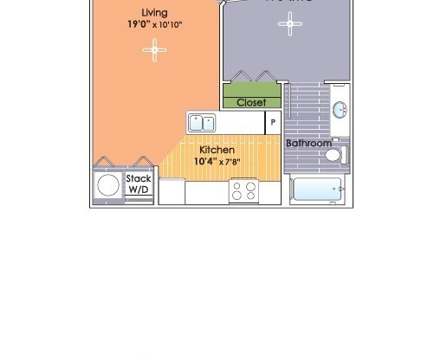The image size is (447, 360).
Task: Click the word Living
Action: (x=155, y=13)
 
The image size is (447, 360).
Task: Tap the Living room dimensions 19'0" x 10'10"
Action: (x=155, y=25)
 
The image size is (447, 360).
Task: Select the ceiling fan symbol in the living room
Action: (x=155, y=51)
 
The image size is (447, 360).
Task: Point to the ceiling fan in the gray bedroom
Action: (x=289, y=23)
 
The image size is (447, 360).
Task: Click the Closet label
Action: (x=251, y=102)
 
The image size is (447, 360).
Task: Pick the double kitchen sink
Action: (x=202, y=123)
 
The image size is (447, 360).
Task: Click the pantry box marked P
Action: (x=273, y=123)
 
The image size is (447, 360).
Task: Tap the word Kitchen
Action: (x=217, y=150)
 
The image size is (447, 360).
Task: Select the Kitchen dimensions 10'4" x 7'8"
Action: (x=216, y=161)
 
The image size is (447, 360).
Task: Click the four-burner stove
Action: (x=244, y=190)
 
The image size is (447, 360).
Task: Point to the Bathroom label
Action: (x=309, y=143)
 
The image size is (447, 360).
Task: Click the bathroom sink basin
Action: (x=339, y=110)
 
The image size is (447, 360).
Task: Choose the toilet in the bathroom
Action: (x=334, y=156)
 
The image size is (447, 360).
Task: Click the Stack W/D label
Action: (x=139, y=183)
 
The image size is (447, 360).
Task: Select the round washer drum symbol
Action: (x=109, y=185)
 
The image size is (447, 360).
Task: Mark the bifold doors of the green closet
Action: (x=251, y=76)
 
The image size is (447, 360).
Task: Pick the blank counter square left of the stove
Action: (x=172, y=191)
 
